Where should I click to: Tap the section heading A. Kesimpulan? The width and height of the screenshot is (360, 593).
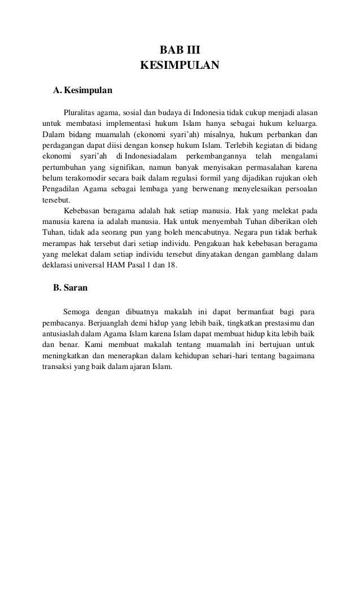(83, 90)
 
